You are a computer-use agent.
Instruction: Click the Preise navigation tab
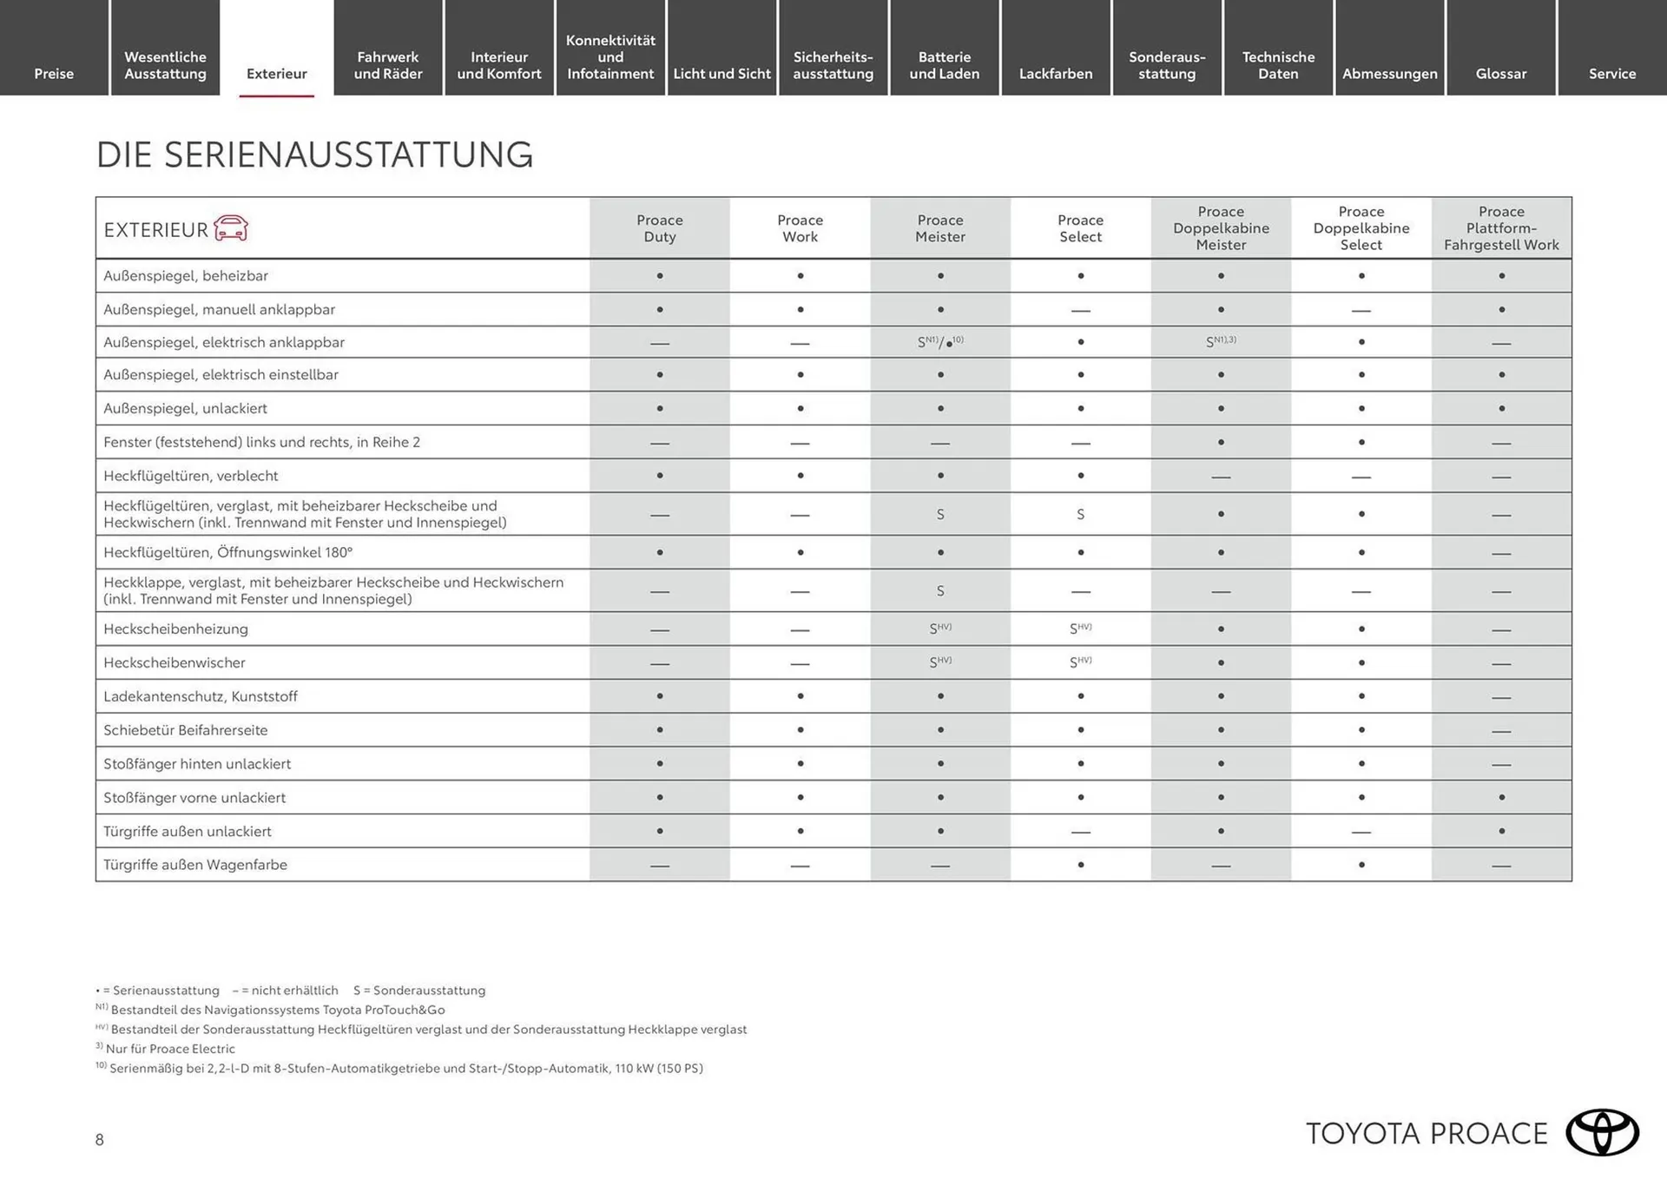tap(54, 74)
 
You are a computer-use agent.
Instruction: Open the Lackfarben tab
tap(1055, 74)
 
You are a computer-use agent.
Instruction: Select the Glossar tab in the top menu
tap(1500, 74)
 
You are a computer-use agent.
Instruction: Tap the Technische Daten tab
tap(1278, 65)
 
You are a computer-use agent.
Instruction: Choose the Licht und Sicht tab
tap(721, 74)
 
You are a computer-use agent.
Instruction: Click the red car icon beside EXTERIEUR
tap(231, 228)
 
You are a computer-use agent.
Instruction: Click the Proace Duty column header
tap(659, 228)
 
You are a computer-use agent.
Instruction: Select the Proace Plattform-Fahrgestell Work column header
tap(1501, 228)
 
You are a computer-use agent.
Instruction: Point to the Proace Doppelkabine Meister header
tap(1221, 228)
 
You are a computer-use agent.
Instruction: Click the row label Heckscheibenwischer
tap(175, 662)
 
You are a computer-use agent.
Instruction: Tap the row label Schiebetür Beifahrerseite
tap(185, 730)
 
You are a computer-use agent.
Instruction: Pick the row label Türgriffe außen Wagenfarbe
tap(195, 865)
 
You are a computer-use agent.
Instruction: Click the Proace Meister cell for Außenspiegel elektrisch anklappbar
tap(940, 342)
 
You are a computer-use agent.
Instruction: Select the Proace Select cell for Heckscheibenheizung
tap(1080, 629)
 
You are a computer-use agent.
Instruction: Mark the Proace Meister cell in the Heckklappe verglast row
tap(940, 591)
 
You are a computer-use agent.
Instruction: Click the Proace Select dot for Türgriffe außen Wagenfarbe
tap(1080, 865)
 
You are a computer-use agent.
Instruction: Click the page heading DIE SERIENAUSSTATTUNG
tap(314, 155)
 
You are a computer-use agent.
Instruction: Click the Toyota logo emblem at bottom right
tap(1602, 1132)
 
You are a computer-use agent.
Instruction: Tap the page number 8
tap(100, 1140)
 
